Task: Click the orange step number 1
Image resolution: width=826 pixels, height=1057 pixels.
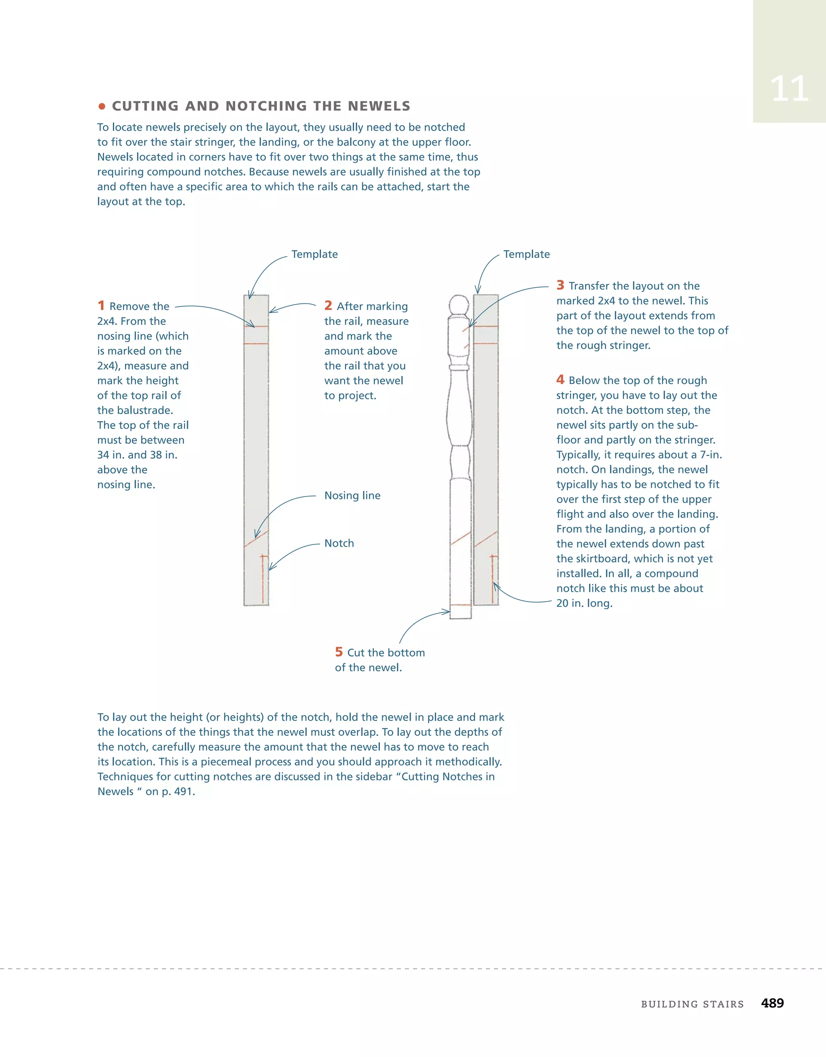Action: (101, 305)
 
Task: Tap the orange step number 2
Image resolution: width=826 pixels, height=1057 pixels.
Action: (328, 305)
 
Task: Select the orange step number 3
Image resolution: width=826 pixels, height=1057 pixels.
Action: (560, 285)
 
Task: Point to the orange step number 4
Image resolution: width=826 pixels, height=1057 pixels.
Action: (560, 380)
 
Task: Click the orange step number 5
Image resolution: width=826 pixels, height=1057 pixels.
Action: (339, 652)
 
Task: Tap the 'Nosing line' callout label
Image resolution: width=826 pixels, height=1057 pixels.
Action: (352, 495)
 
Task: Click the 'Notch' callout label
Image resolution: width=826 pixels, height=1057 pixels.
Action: (339, 543)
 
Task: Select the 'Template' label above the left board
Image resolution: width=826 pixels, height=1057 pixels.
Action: (315, 255)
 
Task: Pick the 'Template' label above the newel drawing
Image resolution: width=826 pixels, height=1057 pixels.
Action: (526, 255)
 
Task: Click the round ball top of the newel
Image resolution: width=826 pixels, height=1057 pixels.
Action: (459, 305)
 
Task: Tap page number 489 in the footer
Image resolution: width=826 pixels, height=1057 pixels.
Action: (772, 1003)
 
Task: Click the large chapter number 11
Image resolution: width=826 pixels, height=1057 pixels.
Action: (789, 89)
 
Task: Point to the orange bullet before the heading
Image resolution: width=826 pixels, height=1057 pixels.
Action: (102, 106)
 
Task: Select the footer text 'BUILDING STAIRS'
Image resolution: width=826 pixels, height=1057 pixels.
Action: (692, 1004)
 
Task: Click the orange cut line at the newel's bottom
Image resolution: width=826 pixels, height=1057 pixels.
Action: (460, 605)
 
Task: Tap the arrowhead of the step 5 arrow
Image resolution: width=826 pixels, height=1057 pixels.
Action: (448, 612)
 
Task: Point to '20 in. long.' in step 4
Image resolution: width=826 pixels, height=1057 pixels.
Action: (584, 604)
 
